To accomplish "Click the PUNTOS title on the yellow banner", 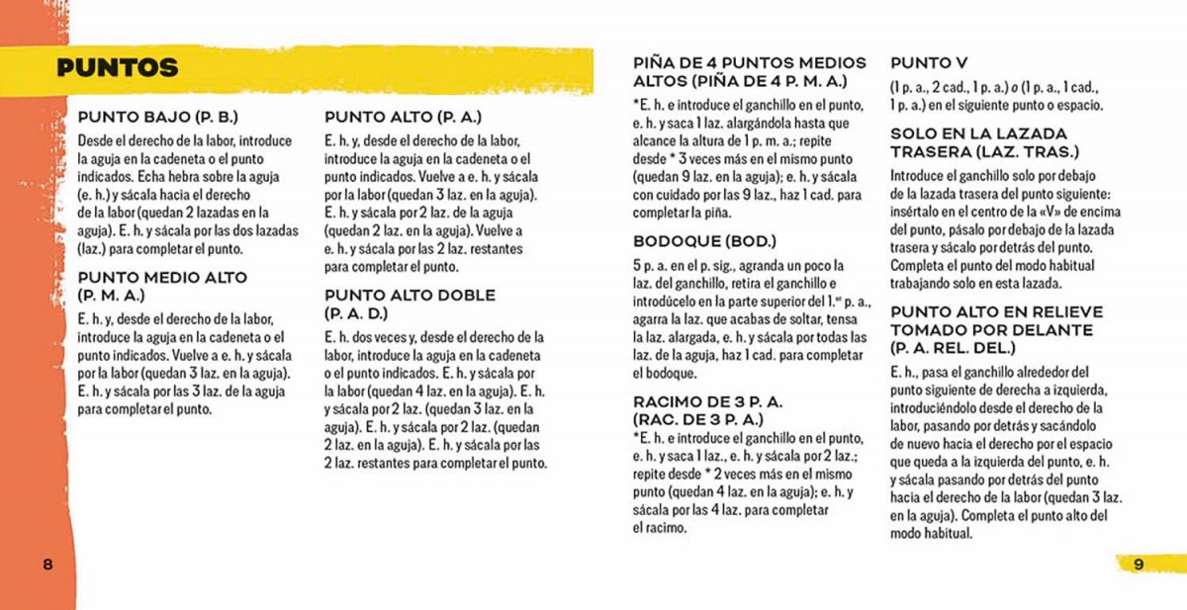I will pyautogui.click(x=117, y=68).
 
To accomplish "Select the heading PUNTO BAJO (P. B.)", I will pyautogui.click(x=158, y=117).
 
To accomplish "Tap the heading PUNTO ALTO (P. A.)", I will pyautogui.click(x=403, y=117).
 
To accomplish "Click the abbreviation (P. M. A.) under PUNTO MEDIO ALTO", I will pyautogui.click(x=111, y=295).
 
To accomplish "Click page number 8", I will pyautogui.click(x=46, y=564).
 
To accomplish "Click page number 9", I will pyautogui.click(x=1139, y=564).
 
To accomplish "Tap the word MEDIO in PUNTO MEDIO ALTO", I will pyautogui.click(x=170, y=278).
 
